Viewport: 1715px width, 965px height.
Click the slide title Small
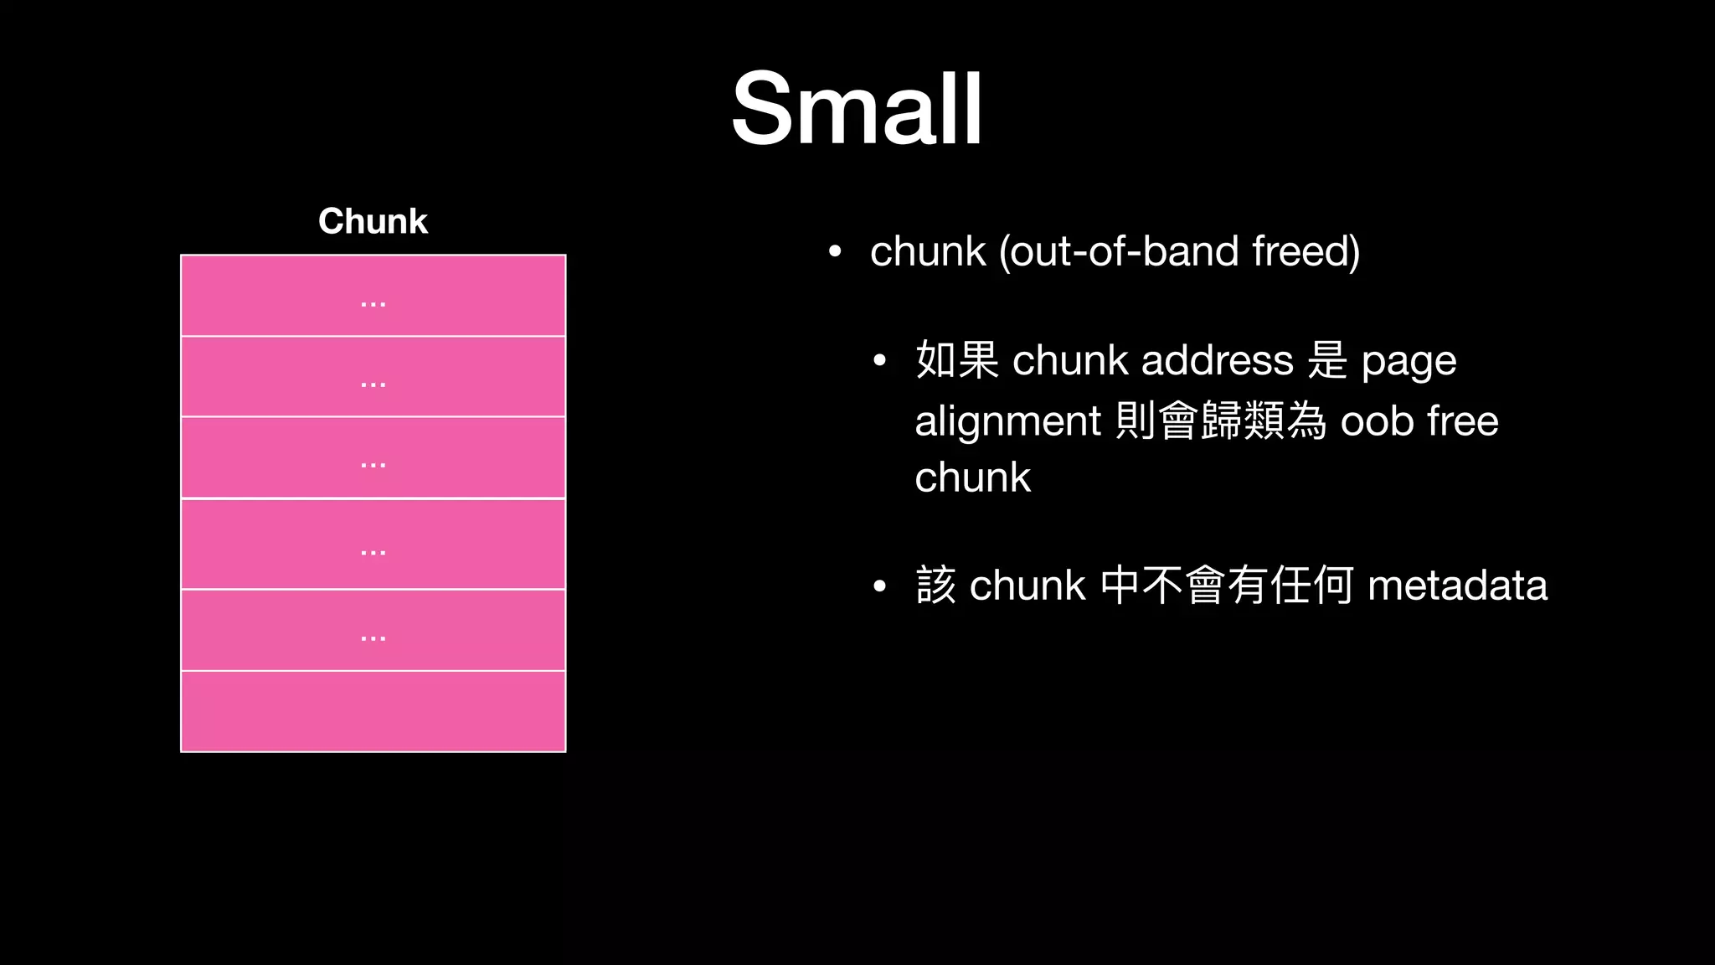click(x=857, y=109)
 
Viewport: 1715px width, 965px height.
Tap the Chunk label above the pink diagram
click(x=373, y=221)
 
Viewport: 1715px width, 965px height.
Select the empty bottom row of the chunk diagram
click(x=373, y=711)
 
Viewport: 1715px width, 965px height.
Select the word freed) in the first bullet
click(x=1306, y=251)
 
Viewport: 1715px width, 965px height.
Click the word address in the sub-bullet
click(x=1217, y=361)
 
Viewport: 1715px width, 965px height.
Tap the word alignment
click(x=1007, y=421)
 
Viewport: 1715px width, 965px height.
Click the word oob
click(x=1377, y=421)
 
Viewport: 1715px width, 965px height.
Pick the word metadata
click(x=1457, y=586)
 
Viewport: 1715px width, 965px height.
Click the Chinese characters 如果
click(x=957, y=361)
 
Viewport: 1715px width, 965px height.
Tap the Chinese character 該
click(x=936, y=586)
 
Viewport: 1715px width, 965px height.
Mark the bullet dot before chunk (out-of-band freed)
click(x=834, y=252)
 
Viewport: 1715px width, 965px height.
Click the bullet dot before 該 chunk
click(x=879, y=587)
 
